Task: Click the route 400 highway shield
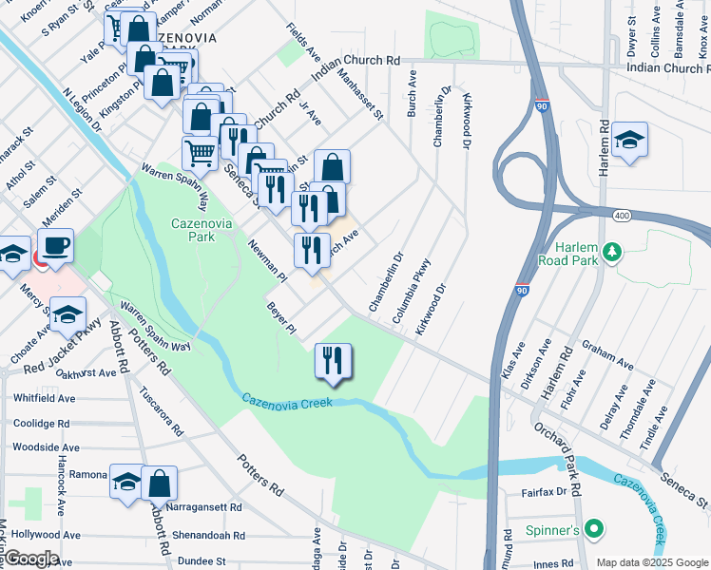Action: coord(622,217)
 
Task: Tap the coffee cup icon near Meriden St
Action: coord(55,246)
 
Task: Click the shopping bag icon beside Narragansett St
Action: coord(159,483)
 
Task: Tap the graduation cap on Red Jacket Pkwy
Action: coord(67,314)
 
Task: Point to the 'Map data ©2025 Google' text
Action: coord(651,562)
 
